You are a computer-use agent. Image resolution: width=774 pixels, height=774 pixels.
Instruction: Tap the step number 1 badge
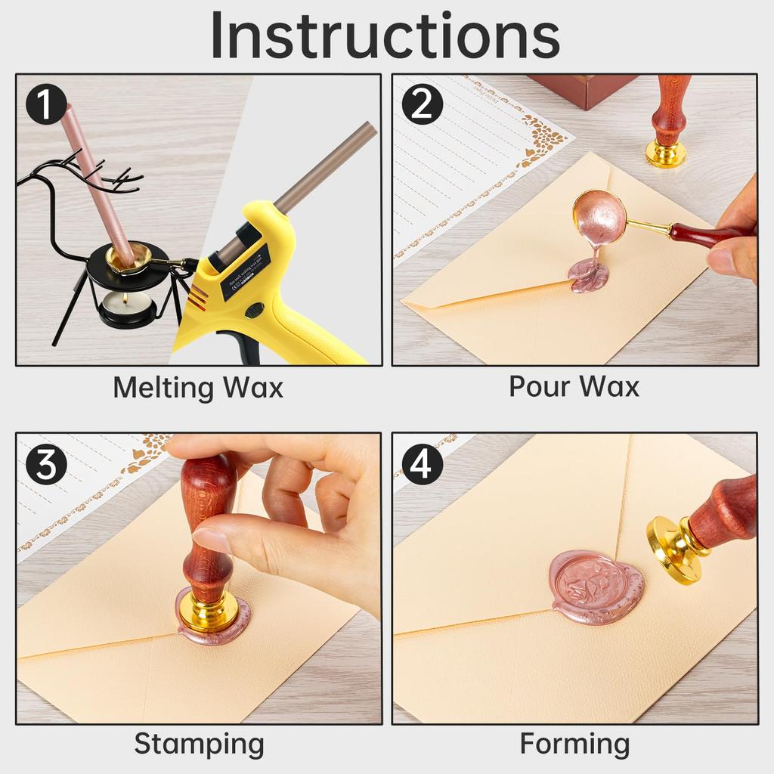pyautogui.click(x=46, y=104)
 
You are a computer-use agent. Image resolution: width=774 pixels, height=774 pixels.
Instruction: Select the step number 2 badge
pyautogui.click(x=421, y=104)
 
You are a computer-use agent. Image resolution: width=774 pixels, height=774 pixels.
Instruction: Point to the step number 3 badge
pyautogui.click(x=46, y=464)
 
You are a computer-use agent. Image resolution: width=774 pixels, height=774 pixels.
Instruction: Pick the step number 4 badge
pyautogui.click(x=421, y=464)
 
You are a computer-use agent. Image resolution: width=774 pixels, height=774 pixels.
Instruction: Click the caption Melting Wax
pyautogui.click(x=198, y=388)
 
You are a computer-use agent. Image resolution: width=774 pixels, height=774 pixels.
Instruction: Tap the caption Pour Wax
pyautogui.click(x=574, y=386)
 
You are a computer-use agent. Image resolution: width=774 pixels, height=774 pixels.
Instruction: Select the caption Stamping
pyautogui.click(x=199, y=744)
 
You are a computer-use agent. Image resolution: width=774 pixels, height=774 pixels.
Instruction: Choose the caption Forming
pyautogui.click(x=574, y=744)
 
